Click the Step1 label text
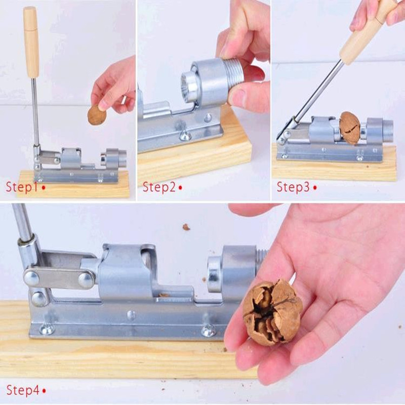22,187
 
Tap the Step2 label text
159,187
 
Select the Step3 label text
293,187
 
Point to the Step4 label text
23,390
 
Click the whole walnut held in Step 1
97,115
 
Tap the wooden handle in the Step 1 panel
31,43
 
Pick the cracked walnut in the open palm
273,312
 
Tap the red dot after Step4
44,391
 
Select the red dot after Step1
44,187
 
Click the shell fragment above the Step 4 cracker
186,227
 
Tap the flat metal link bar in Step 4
59,278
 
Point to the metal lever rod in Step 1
35,111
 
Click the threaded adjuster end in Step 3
387,129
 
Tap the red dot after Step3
314,187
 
